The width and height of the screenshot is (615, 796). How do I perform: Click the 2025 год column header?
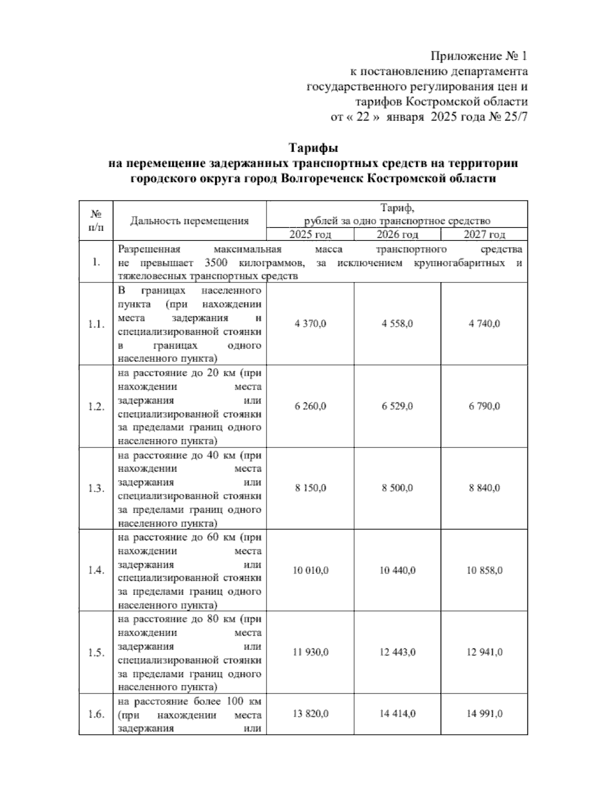tap(310, 235)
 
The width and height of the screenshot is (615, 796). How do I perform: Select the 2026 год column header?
tap(397, 235)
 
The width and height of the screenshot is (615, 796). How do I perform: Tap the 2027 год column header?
tap(484, 235)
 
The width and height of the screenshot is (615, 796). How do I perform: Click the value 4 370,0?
tap(310, 324)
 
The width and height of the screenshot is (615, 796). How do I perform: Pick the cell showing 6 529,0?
tap(397, 406)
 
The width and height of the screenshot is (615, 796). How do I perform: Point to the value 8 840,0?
tap(484, 488)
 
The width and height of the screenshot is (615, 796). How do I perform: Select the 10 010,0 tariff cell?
tap(310, 570)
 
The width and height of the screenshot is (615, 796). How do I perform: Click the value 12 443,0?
tap(397, 652)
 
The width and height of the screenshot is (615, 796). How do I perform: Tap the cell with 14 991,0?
tap(484, 714)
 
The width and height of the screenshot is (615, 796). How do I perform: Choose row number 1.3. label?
tap(96, 488)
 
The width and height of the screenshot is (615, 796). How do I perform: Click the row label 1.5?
tap(96, 653)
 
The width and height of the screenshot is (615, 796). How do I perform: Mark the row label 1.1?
tap(96, 324)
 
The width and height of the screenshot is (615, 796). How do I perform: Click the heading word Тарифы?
tap(313, 149)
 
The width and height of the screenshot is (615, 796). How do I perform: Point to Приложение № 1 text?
tap(479, 55)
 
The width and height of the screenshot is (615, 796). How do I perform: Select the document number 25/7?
tap(516, 117)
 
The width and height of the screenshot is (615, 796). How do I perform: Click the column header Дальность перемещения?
tap(189, 221)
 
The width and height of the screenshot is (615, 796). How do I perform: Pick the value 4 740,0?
tap(484, 324)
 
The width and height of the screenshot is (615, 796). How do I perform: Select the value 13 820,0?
tap(310, 714)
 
